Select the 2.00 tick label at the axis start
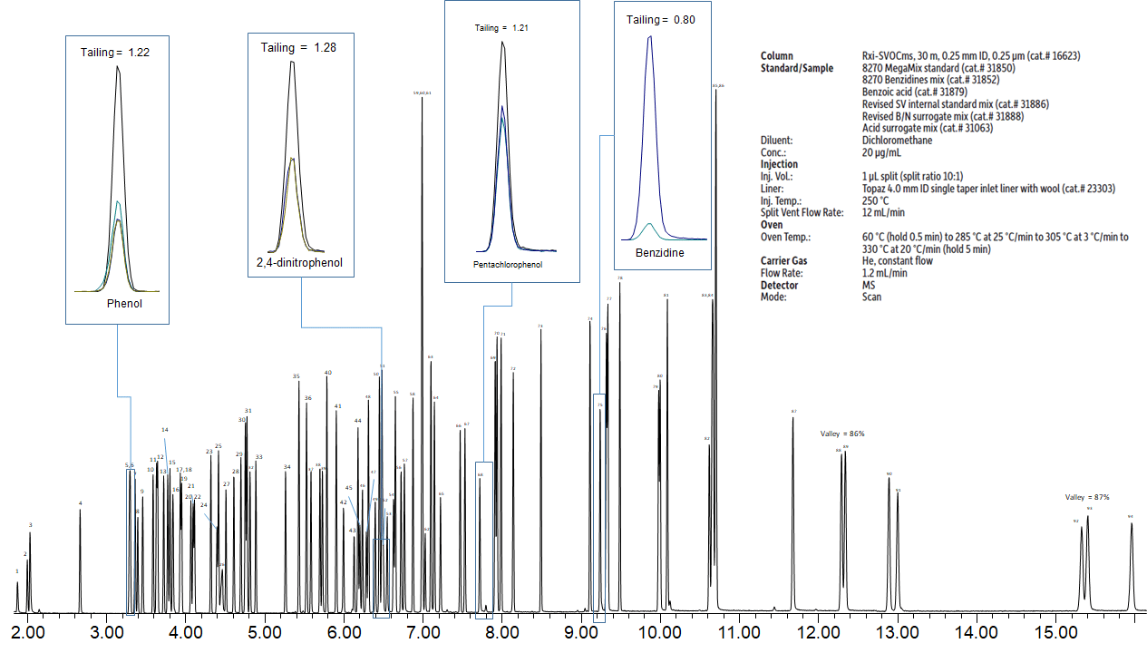click(27, 630)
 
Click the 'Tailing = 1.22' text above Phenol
click(114, 53)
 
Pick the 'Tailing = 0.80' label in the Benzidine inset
click(661, 19)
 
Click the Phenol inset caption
click(124, 304)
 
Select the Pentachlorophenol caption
click(508, 265)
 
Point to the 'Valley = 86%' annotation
click(842, 434)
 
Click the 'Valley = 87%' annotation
click(1087, 497)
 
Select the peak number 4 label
click(80, 503)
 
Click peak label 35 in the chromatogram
click(296, 376)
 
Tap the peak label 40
click(327, 373)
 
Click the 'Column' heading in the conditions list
click(776, 56)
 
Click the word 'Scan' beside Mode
click(871, 297)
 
